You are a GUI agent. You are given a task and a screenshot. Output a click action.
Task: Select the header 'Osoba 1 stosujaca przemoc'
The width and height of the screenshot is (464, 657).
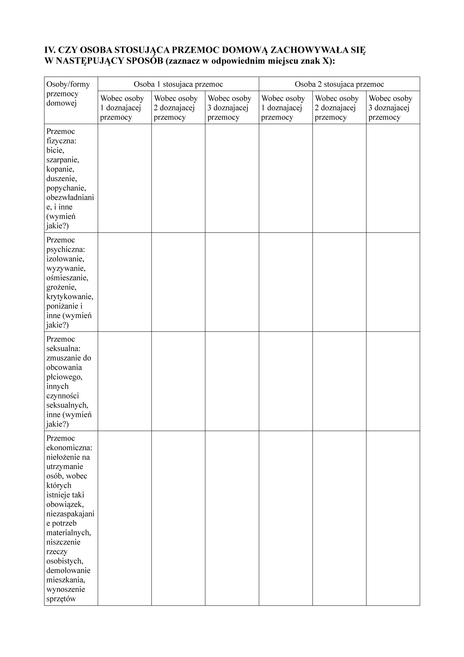[178, 84]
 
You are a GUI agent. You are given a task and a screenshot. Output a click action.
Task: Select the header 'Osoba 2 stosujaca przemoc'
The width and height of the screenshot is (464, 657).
[339, 84]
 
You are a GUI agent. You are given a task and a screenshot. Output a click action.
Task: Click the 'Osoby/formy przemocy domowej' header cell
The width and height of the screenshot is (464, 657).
[68, 94]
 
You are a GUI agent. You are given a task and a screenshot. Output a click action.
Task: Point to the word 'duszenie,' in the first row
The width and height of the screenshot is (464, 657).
[61, 178]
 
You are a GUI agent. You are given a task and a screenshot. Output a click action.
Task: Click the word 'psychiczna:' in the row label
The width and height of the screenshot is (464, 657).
[65, 249]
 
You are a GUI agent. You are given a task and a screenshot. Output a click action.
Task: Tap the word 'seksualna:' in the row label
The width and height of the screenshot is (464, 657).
[63, 348]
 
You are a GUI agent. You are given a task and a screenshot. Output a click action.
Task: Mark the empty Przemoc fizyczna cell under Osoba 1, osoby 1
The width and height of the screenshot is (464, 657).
[124, 178]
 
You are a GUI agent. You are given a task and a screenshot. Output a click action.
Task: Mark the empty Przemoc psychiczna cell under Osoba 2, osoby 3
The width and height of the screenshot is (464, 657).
[393, 282]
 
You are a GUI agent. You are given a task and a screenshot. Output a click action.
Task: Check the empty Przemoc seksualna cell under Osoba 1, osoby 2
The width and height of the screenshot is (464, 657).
[178, 381]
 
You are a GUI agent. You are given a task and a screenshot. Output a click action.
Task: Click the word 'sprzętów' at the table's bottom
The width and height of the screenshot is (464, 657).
[61, 599]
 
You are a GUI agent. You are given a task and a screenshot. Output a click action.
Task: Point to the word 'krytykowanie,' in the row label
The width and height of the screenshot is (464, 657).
[70, 296]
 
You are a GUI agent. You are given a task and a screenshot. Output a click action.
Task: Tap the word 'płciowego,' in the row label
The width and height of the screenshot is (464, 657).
[64, 377]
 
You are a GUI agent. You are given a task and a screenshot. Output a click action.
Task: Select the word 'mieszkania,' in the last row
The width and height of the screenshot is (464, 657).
[66, 580]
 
